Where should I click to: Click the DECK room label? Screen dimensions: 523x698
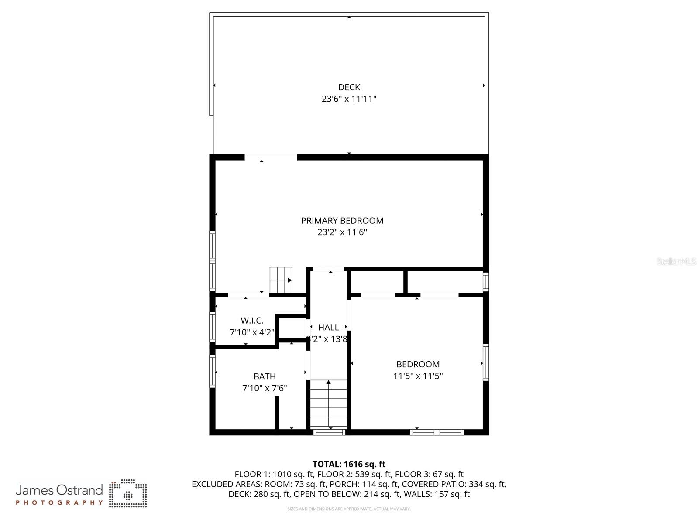(349, 87)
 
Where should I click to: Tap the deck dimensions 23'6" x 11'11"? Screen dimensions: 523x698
(349, 99)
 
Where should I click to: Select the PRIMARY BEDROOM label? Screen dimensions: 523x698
(342, 221)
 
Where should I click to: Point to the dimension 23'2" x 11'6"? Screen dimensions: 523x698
(342, 232)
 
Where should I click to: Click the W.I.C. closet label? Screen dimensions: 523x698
(252, 321)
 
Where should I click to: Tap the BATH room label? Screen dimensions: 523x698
(265, 376)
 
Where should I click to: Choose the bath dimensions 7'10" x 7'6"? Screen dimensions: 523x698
(265, 388)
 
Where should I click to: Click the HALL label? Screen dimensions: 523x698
(328, 327)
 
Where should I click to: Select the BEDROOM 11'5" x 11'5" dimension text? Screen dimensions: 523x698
(418, 376)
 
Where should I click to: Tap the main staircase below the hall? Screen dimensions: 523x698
(328, 403)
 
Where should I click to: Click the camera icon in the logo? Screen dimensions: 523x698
(128, 493)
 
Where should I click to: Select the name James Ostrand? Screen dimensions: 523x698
(59, 490)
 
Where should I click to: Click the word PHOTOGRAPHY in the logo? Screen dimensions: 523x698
(59, 502)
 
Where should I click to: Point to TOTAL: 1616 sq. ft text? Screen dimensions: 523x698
(349, 464)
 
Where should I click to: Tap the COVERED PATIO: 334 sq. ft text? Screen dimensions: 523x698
(454, 484)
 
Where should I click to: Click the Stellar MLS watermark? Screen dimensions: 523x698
(676, 261)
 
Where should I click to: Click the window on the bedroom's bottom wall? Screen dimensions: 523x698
(437, 432)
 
